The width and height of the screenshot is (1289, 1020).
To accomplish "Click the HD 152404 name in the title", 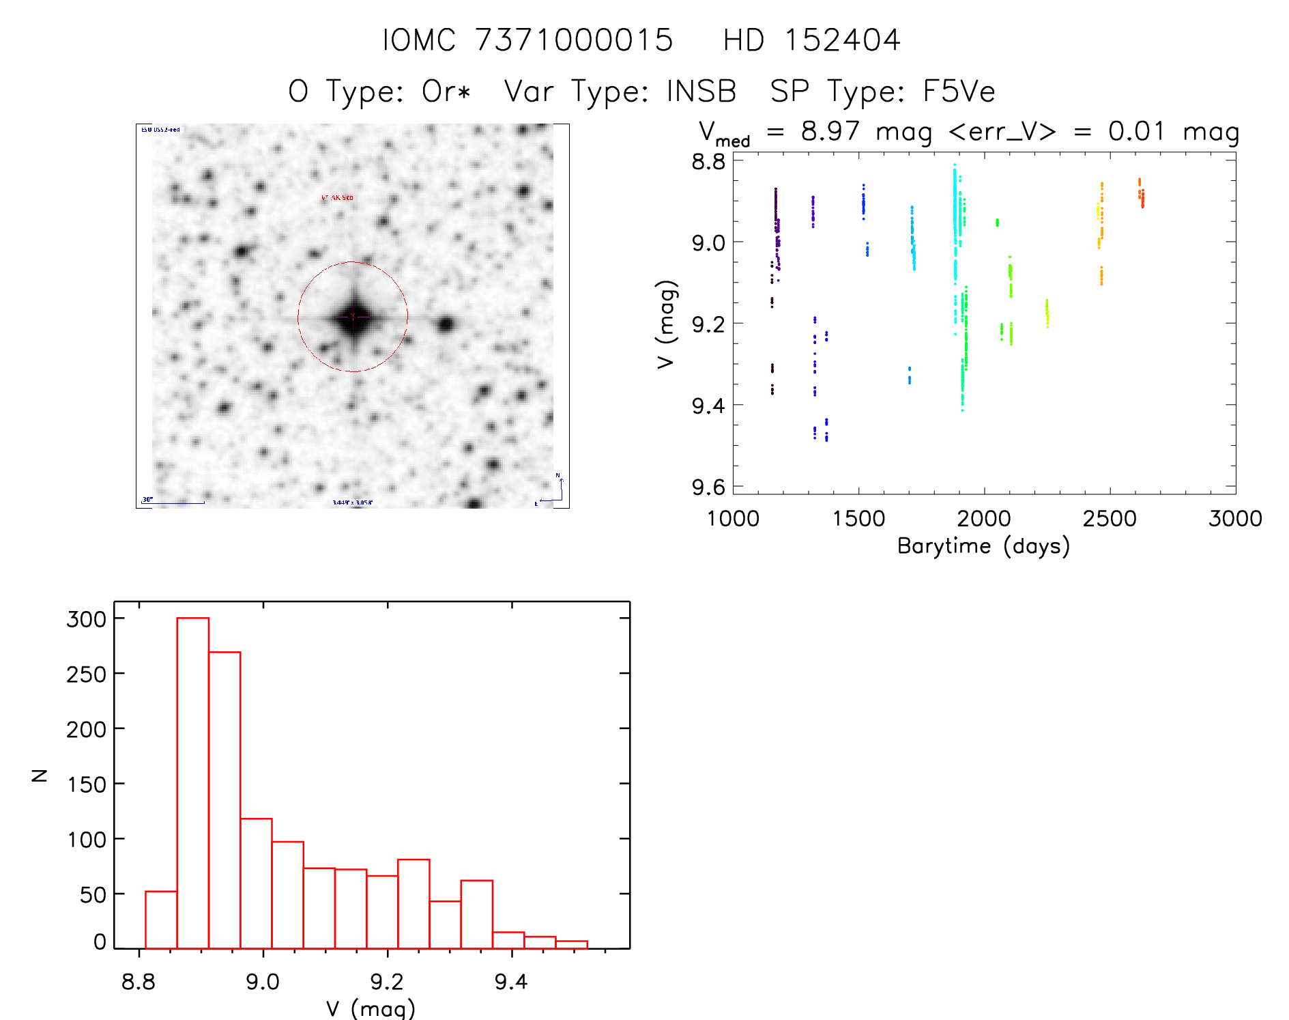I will click(x=811, y=40).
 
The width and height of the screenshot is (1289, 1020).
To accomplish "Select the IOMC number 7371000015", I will click(x=574, y=40).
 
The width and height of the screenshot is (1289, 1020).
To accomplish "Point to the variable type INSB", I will click(x=701, y=91).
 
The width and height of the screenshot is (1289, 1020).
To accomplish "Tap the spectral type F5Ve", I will click(x=959, y=91).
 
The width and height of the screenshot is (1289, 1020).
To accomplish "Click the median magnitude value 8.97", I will click(x=830, y=131).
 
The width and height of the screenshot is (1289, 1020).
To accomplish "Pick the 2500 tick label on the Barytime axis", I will click(x=1110, y=518).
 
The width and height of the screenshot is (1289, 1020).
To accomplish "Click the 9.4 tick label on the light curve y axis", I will click(x=708, y=406).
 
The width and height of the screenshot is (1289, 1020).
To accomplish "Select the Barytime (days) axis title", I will click(x=983, y=546).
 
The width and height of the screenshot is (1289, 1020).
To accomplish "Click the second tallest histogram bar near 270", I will click(x=225, y=799).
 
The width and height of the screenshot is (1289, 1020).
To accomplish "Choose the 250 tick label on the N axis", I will click(x=87, y=675).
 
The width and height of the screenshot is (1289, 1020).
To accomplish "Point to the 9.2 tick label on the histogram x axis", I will click(x=387, y=982).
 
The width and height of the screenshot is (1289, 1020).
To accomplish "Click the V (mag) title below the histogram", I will click(x=371, y=1008).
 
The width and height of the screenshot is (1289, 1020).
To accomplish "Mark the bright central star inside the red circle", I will click(x=353, y=317).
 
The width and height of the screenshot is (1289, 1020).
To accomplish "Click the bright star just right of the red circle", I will click(x=446, y=324).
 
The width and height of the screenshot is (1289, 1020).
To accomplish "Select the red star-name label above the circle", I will click(x=337, y=198).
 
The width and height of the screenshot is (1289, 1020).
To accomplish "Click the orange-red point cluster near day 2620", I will click(x=1141, y=194).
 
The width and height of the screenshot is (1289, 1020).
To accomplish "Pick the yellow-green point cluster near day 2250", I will click(x=1047, y=313).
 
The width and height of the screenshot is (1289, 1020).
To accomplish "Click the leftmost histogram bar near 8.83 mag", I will click(x=161, y=920).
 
